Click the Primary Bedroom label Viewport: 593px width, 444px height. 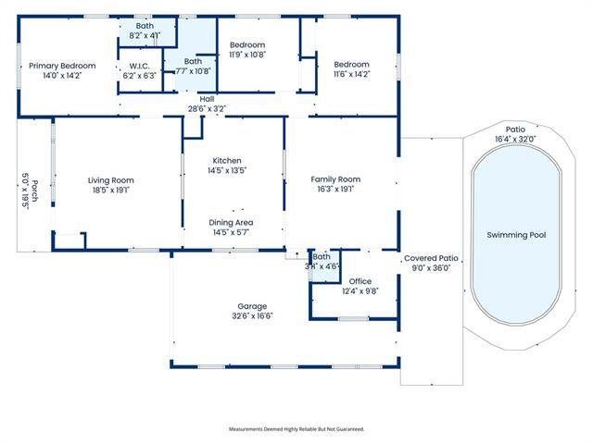(x=62, y=66)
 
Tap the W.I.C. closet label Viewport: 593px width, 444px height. (x=140, y=66)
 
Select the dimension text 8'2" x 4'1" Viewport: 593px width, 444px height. (x=145, y=35)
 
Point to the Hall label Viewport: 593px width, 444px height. (x=207, y=99)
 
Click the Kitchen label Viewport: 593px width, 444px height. (x=227, y=160)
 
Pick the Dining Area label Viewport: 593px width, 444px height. (x=231, y=222)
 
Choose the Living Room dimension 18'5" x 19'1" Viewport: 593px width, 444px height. (x=111, y=190)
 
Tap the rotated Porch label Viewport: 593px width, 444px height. (x=34, y=191)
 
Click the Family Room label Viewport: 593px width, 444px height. (x=335, y=179)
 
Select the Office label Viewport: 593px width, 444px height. (x=360, y=281)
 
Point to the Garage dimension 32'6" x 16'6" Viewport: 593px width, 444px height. (x=252, y=316)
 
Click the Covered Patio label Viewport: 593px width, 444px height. (x=431, y=258)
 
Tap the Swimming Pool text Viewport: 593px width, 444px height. (x=516, y=235)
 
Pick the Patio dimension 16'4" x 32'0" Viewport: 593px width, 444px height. (x=515, y=139)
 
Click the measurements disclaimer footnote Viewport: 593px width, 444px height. (x=296, y=429)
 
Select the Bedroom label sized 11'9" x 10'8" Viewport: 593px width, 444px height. (x=247, y=45)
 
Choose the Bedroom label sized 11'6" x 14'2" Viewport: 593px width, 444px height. (x=352, y=65)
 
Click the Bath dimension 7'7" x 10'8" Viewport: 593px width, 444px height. (x=193, y=71)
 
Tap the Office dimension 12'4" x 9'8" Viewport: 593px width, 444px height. (x=360, y=291)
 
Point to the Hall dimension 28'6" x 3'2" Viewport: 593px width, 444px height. (x=207, y=109)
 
